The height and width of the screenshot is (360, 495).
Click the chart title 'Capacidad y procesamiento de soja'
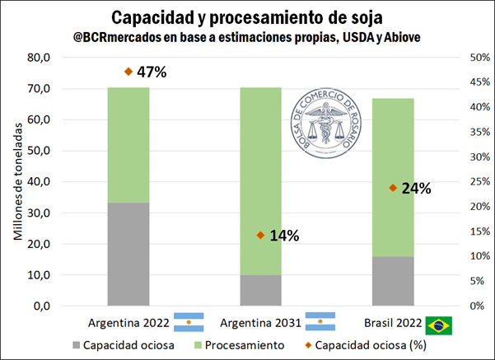pos(247,17)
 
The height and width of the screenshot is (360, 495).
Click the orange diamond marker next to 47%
pos(128,72)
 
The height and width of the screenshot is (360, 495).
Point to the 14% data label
pos(283,236)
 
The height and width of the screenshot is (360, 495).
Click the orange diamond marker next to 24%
pos(393,188)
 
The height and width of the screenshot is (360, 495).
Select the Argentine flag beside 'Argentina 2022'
pos(189,322)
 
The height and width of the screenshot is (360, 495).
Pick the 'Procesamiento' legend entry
pos(240,346)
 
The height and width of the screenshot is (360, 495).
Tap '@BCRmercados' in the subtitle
pos(114,37)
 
